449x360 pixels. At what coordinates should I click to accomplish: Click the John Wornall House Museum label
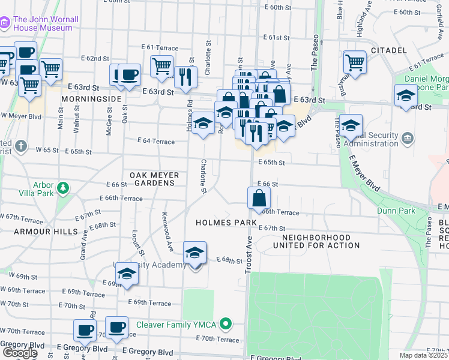[46, 23]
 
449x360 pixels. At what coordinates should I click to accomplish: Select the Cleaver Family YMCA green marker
[226, 325]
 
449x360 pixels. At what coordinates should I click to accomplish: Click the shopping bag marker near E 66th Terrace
[259, 198]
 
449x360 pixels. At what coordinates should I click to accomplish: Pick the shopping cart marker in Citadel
[355, 62]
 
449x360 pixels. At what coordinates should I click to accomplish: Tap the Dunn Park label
[396, 211]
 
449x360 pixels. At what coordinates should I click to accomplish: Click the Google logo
[19, 352]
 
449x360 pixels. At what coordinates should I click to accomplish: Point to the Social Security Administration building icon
[408, 140]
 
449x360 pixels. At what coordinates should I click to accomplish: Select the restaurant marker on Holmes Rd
[185, 77]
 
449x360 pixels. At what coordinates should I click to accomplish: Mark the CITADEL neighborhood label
[389, 50]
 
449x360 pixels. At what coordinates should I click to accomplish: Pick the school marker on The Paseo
[351, 126]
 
